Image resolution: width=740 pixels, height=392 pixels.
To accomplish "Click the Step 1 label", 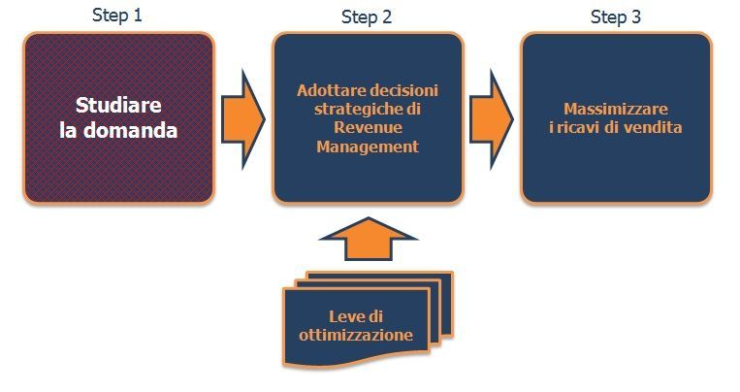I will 117,16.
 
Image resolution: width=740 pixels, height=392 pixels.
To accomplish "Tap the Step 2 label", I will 367,17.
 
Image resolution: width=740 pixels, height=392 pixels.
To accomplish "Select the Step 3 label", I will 616,17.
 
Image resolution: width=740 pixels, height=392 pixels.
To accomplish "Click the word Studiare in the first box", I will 118,105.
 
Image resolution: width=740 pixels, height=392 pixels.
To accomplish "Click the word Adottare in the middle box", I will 328,90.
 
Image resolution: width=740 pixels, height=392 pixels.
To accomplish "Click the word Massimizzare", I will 616,109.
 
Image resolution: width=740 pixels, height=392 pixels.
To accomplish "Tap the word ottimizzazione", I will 358,336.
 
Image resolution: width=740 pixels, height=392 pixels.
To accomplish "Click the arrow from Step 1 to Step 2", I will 242,116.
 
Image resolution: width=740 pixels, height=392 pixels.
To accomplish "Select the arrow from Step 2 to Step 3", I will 492,116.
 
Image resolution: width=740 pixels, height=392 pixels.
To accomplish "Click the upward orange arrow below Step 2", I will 367,238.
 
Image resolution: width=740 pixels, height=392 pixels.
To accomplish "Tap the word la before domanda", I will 70,129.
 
